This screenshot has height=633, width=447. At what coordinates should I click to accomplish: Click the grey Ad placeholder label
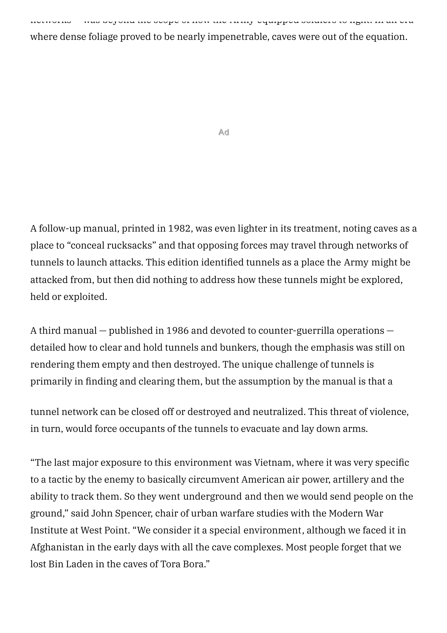[223, 133]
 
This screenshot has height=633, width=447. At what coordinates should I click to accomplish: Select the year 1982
[179, 229]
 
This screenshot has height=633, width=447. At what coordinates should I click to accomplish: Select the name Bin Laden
[71, 564]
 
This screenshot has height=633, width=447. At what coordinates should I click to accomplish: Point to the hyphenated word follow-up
[60, 229]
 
